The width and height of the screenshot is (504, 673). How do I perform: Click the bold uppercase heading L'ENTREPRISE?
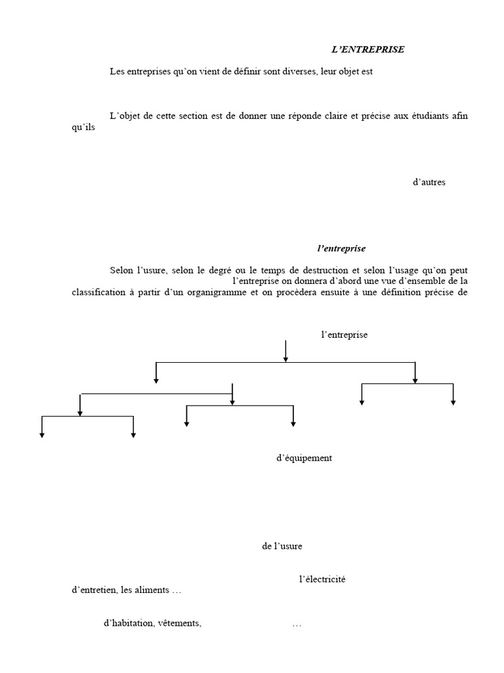click(367, 49)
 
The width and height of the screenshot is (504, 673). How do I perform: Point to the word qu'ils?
click(83, 128)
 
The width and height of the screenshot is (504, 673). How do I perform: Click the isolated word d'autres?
click(429, 182)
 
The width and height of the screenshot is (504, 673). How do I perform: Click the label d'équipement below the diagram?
click(304, 458)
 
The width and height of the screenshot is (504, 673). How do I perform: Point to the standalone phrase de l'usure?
click(282, 546)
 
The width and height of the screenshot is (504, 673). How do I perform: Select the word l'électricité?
click(322, 579)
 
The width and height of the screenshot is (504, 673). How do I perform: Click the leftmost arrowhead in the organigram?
click(42, 434)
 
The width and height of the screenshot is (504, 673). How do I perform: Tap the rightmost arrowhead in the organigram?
click(453, 402)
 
